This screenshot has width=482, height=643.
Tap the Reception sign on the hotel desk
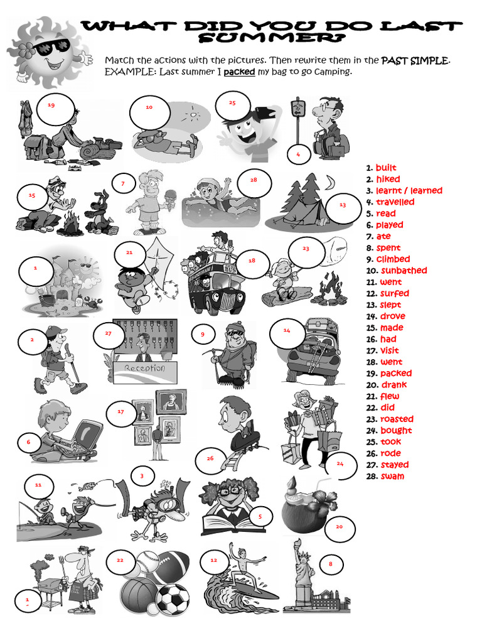point(144,368)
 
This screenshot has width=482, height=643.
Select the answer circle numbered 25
point(233,103)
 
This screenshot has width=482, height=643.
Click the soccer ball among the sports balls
point(172,599)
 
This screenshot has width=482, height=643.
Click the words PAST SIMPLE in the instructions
point(415,60)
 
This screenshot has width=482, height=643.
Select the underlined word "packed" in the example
point(239,72)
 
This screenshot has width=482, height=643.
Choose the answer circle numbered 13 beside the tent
point(342,205)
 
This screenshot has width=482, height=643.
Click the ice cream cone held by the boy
point(168,194)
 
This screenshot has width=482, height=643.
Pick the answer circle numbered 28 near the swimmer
point(254,180)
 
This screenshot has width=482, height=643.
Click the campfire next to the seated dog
point(70,223)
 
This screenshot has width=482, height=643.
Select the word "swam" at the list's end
point(392,476)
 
